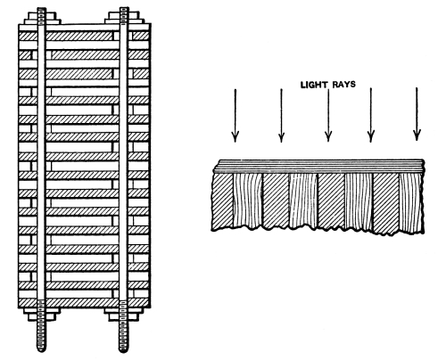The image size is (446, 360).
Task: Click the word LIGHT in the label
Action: click(x=314, y=85)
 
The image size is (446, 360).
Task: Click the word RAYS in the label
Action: click(x=344, y=85)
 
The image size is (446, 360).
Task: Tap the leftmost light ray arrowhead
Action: click(x=235, y=136)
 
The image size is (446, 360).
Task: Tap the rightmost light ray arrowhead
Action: click(x=417, y=135)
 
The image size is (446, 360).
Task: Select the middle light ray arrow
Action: click(x=328, y=115)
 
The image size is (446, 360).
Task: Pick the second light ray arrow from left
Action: click(x=281, y=115)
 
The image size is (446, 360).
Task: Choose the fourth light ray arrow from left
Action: click(x=370, y=115)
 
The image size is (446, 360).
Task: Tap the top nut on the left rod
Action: click(x=42, y=18)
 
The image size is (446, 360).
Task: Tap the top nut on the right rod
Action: click(x=124, y=18)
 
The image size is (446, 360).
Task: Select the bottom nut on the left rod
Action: click(x=42, y=315)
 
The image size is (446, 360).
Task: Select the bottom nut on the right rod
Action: click(x=124, y=315)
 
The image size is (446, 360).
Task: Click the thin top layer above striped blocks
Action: click(x=319, y=167)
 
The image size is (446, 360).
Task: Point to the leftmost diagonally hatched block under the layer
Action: click(x=223, y=201)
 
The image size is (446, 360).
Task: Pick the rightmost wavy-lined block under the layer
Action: click(x=411, y=203)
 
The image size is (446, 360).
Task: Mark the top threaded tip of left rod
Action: click(x=42, y=15)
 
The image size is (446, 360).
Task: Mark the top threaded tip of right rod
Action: click(x=124, y=15)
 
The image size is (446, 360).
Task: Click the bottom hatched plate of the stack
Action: click(x=84, y=303)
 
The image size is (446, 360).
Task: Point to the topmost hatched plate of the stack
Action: click(x=84, y=37)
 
